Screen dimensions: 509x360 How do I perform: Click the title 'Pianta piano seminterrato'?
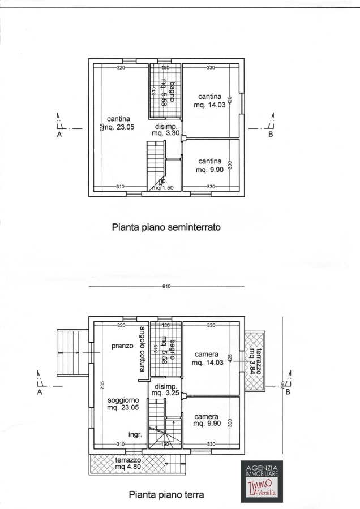click(166, 227)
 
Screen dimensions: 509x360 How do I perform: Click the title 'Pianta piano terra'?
click(166, 495)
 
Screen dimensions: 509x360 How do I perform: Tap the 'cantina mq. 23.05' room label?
click(118, 123)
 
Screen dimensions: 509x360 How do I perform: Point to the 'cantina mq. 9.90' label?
click(209, 165)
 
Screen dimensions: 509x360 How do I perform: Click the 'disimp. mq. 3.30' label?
click(166, 130)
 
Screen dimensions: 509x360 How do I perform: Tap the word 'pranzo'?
click(122, 346)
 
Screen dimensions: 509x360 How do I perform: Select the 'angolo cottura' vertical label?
click(143, 349)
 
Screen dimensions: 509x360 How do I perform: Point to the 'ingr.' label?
click(135, 434)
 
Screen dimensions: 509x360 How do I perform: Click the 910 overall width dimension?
click(166, 286)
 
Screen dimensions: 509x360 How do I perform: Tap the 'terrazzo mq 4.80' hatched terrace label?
click(128, 464)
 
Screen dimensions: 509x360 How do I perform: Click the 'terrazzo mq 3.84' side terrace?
click(254, 360)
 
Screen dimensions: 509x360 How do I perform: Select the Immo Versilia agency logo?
click(261, 480)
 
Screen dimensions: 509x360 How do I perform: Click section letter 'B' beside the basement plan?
click(270, 135)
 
